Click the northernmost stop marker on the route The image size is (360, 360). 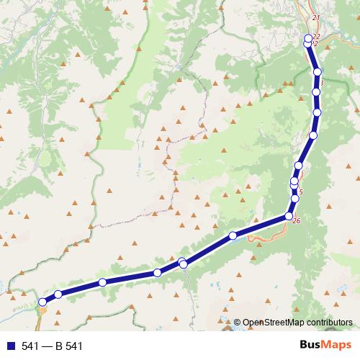point(308,38)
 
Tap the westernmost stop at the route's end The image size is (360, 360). point(42,302)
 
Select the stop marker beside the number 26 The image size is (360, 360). point(289,216)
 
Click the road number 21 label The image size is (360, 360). point(315,17)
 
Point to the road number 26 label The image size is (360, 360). point(297,220)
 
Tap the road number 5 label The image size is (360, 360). point(300,192)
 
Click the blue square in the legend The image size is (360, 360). point(10,346)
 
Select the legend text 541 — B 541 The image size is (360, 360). point(53,346)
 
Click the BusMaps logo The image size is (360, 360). point(327,346)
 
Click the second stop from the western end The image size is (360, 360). point(58,294)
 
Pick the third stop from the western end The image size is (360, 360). point(103,282)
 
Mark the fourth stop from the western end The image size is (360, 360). point(157,273)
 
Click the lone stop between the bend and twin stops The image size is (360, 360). point(233,235)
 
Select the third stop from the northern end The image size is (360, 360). point(318,72)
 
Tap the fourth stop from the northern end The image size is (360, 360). point(316,92)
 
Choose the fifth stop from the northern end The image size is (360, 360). point(317,112)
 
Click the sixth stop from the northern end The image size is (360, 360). point(313,135)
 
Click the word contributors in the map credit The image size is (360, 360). point(327,323)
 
